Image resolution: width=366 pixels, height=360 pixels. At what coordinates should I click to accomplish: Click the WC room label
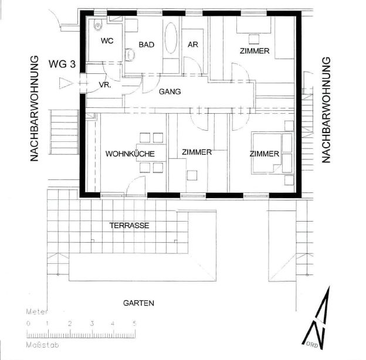click(x=107, y=41)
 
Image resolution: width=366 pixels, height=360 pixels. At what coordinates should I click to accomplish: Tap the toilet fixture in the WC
click(x=98, y=25)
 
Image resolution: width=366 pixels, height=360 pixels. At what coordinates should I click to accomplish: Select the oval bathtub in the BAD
click(x=171, y=38)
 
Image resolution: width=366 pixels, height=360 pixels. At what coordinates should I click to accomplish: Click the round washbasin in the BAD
click(x=130, y=55)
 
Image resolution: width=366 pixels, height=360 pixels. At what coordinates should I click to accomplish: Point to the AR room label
click(x=193, y=45)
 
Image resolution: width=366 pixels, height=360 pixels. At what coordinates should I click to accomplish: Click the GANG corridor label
click(x=170, y=91)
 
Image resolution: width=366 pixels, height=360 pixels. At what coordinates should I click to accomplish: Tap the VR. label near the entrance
click(x=105, y=85)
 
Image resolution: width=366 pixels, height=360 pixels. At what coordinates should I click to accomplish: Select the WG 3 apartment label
click(x=62, y=64)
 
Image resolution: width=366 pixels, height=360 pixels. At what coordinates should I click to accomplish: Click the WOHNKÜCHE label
click(x=130, y=154)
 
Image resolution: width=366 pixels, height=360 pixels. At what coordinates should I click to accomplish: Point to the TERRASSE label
click(x=129, y=226)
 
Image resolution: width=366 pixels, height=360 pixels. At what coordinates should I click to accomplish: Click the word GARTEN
click(x=138, y=303)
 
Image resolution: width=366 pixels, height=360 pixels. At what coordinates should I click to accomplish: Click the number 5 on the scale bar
click(x=134, y=324)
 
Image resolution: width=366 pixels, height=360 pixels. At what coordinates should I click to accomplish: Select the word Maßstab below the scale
click(x=42, y=345)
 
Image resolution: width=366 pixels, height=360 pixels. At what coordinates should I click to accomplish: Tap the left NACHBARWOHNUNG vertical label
click(x=34, y=108)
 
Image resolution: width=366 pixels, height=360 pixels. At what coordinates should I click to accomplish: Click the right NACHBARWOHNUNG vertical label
click(x=326, y=110)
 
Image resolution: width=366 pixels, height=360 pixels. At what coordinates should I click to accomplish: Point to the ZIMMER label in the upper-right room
click(x=255, y=51)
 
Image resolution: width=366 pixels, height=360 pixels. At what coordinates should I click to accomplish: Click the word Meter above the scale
click(x=36, y=312)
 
